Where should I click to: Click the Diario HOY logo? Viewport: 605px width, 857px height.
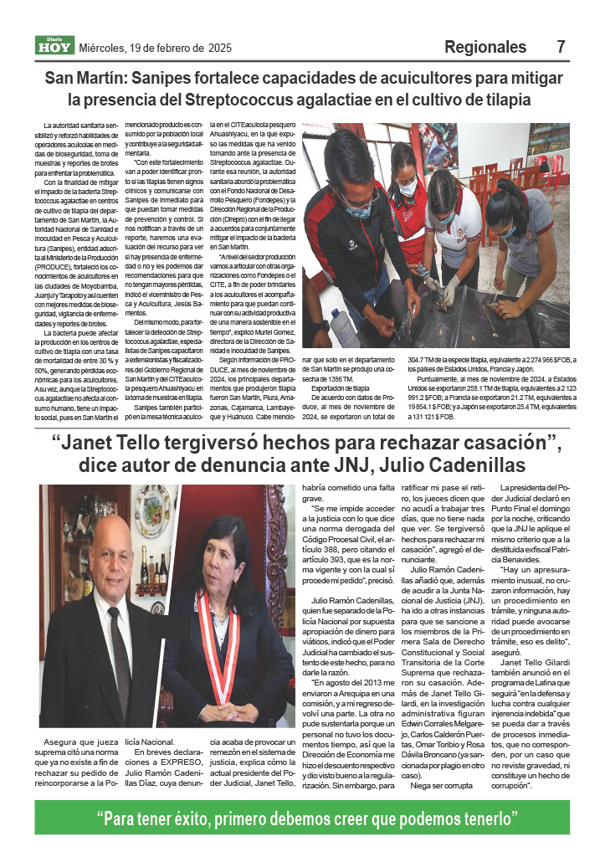(x=54, y=47)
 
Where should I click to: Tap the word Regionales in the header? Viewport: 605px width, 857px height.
(x=485, y=47)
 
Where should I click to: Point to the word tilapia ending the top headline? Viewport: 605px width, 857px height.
(x=508, y=100)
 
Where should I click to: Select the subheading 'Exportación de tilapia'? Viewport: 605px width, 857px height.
(x=341, y=389)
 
